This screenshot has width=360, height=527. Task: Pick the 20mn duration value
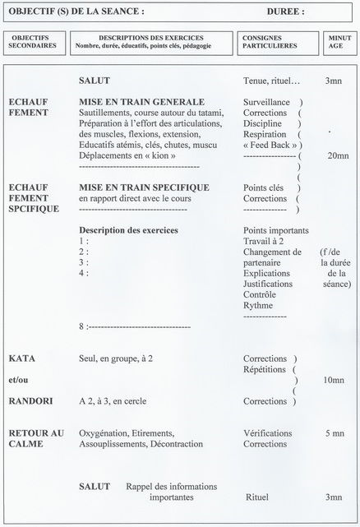338,156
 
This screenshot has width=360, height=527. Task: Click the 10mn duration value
334,380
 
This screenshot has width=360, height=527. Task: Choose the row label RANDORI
30,402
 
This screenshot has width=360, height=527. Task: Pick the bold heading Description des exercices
129,230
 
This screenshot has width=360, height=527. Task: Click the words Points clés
265,188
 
